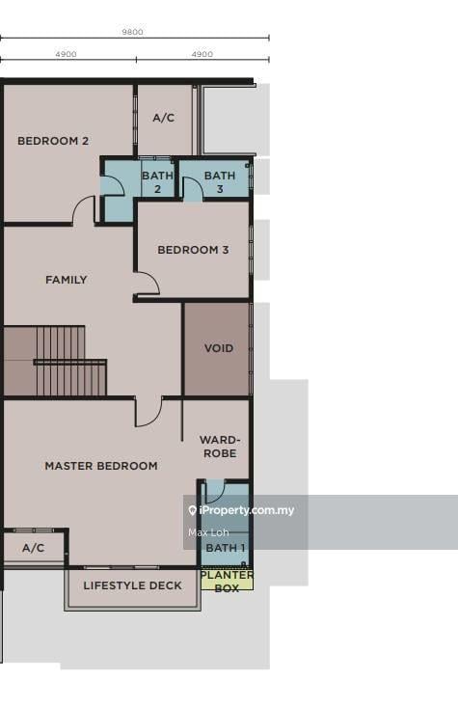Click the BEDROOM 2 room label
point(53,141)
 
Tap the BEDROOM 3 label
point(193,250)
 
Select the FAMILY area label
point(67,280)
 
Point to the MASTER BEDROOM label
point(101,466)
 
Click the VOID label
point(219,348)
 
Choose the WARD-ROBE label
point(220,447)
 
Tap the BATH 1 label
point(226,548)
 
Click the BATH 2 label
point(157,182)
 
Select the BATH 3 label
point(220,182)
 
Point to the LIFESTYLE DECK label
point(132,585)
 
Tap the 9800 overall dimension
point(132,32)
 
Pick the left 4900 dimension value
point(66,54)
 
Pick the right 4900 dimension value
point(202,54)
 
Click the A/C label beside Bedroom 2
point(163,118)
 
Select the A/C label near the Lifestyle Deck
point(34,548)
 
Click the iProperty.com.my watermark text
point(241,510)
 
